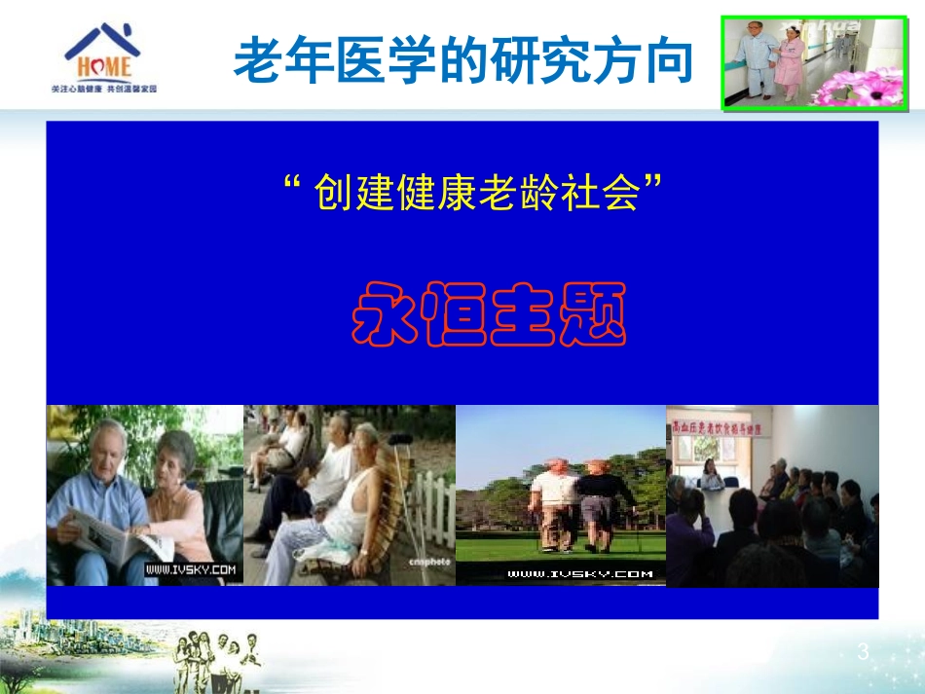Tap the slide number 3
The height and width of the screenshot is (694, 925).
[862, 652]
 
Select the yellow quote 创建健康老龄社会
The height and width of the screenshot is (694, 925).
[477, 193]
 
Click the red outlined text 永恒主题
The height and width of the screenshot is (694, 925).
[488, 314]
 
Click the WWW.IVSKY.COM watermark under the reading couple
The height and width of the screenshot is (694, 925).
[191, 569]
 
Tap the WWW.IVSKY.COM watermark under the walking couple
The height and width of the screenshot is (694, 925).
[579, 574]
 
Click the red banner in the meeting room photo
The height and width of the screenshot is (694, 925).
[724, 426]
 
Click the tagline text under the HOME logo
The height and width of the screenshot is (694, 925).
[103, 89]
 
